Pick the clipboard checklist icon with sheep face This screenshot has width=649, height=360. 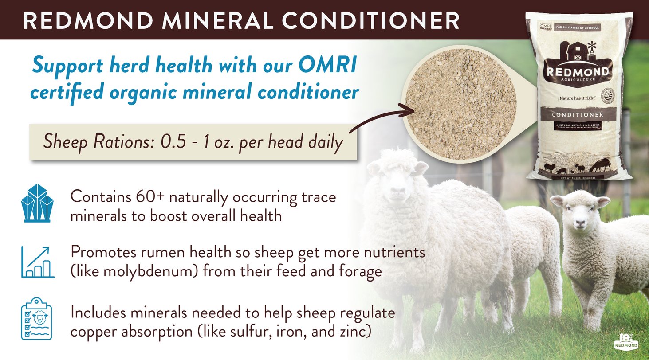coord(37,319)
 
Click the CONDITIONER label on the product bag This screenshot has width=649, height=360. coord(577,114)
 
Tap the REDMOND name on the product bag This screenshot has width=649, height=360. coord(577,72)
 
